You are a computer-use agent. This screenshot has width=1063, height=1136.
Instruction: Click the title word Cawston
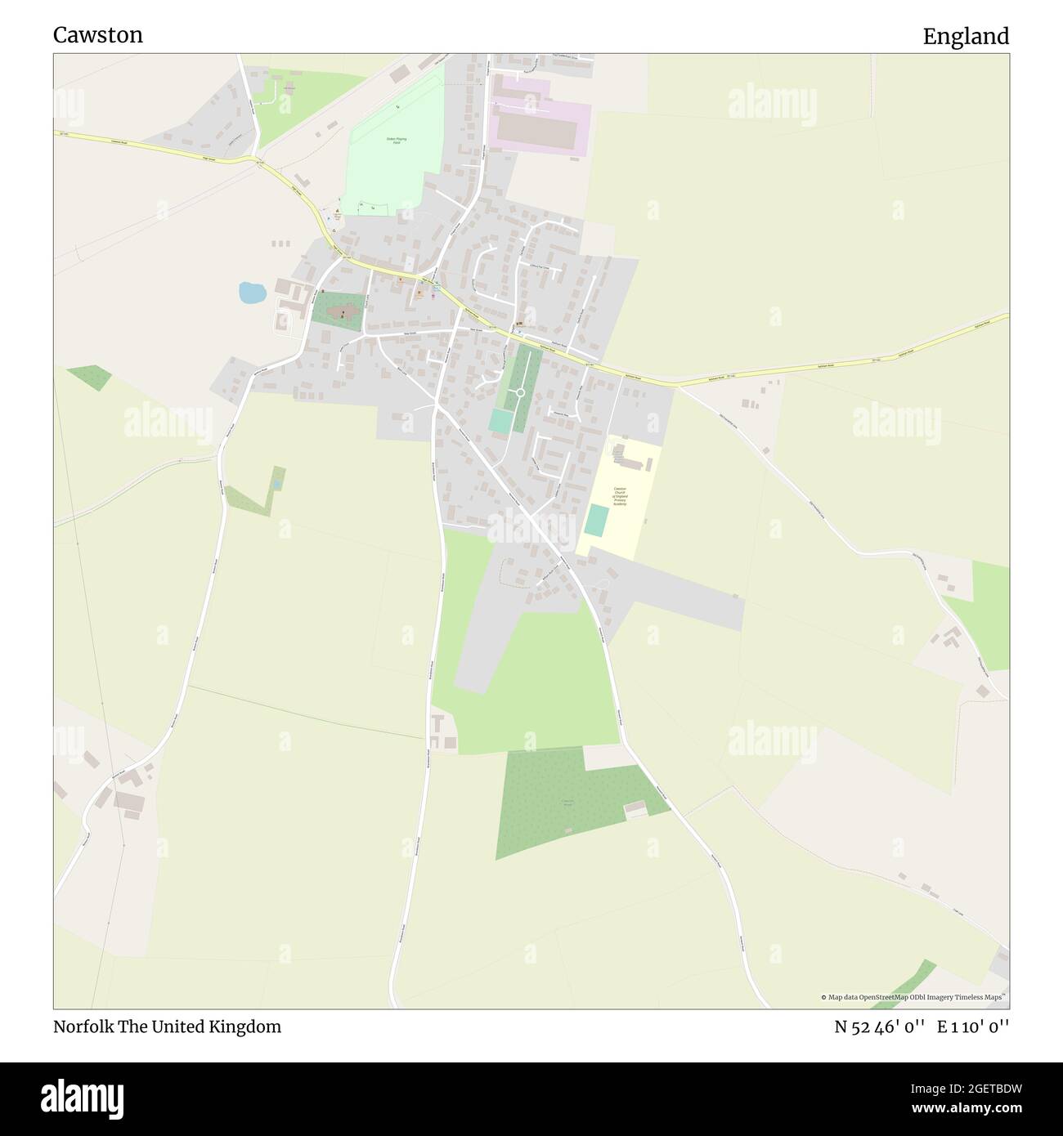tap(98, 35)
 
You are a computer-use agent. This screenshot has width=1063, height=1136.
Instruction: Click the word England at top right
tap(966, 36)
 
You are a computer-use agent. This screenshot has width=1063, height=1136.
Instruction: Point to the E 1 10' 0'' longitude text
tap(973, 1026)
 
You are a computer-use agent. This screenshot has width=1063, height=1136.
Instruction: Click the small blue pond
tap(251, 292)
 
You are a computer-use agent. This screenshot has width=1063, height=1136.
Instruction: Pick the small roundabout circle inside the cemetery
tap(519, 393)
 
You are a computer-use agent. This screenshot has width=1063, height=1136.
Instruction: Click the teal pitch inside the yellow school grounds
tap(597, 521)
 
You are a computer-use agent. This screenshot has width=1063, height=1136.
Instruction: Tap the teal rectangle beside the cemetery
tap(500, 420)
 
